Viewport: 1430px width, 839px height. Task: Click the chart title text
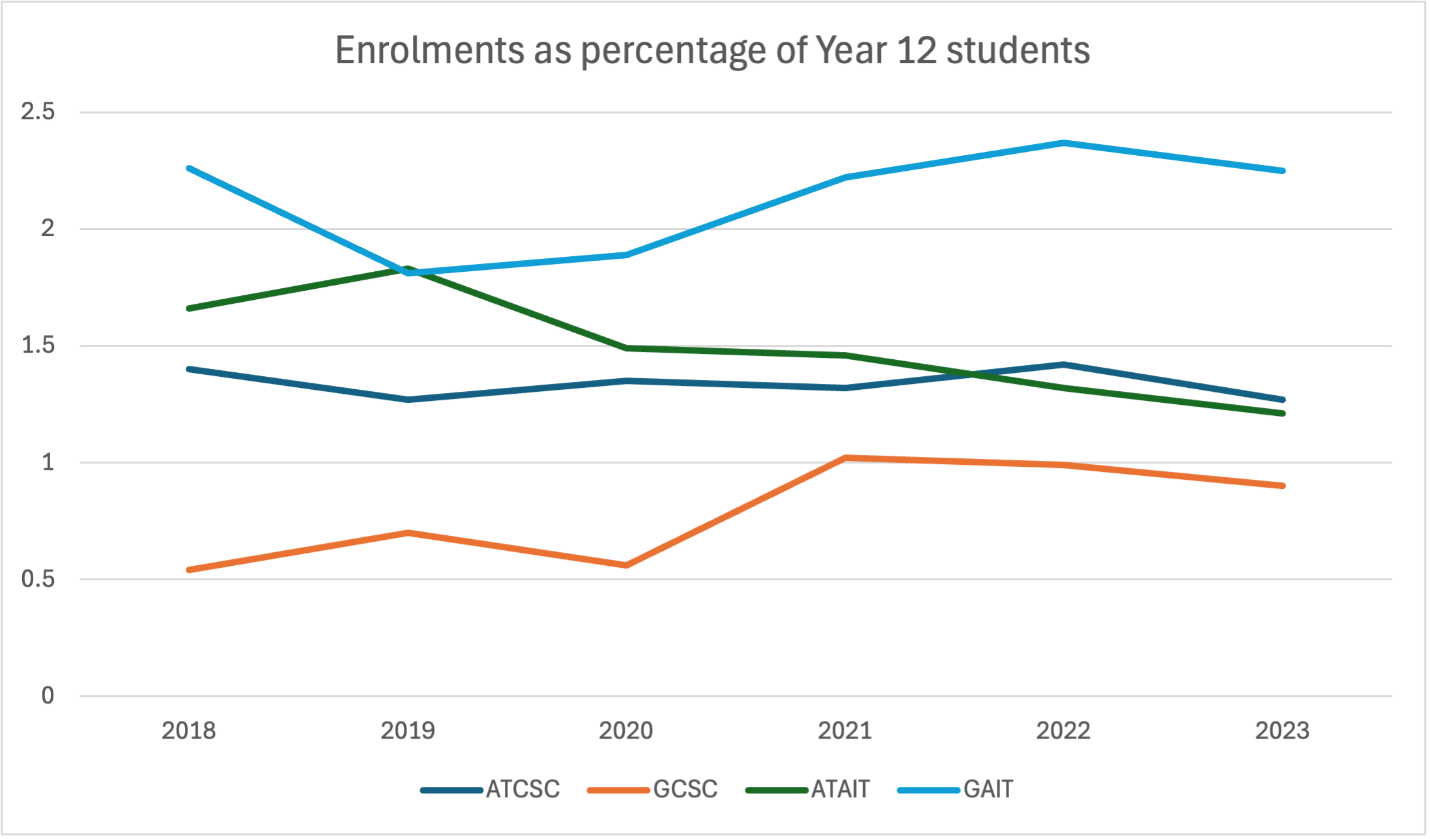point(712,50)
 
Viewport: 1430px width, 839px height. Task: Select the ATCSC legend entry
point(522,789)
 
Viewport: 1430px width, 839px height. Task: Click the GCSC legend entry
point(685,789)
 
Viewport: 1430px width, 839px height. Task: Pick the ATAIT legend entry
point(840,789)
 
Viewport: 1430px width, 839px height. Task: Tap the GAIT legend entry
point(988,789)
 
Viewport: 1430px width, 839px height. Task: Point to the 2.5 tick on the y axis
point(38,111)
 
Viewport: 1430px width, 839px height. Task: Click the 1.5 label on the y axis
point(38,345)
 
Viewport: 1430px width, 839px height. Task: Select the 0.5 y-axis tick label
point(38,579)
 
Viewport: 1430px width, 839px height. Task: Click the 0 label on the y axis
point(48,696)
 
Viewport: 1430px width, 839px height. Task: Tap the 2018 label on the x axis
point(188,731)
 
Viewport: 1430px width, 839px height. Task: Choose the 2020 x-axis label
point(625,731)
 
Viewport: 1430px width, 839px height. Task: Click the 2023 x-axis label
point(1282,731)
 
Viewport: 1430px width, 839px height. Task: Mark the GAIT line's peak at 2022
point(1063,143)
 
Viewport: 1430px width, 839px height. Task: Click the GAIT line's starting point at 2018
point(189,168)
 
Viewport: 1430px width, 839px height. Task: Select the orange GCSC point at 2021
point(845,458)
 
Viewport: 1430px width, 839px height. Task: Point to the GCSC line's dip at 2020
point(626,565)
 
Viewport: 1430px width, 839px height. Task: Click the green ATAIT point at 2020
point(626,348)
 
